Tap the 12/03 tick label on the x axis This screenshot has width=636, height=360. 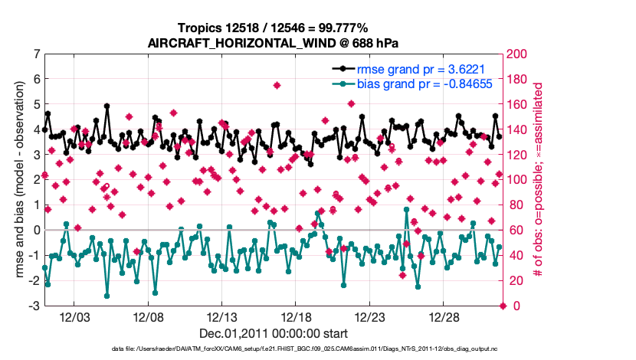coord(75,317)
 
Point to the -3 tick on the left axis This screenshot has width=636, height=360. coord(34,306)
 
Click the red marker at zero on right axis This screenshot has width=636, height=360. coord(503,306)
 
